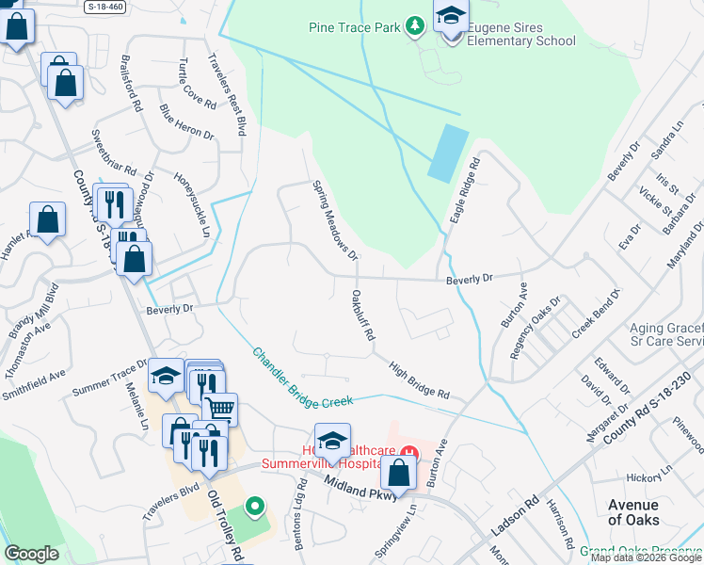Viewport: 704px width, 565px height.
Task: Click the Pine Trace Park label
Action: coord(354,26)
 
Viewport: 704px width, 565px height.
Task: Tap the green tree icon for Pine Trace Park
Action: coord(414,25)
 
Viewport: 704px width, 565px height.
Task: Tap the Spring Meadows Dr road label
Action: coord(335,220)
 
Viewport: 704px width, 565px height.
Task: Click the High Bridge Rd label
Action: coord(419,381)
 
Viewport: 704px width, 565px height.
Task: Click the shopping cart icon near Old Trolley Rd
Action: coord(219,408)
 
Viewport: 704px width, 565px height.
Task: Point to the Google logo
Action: coord(30,554)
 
